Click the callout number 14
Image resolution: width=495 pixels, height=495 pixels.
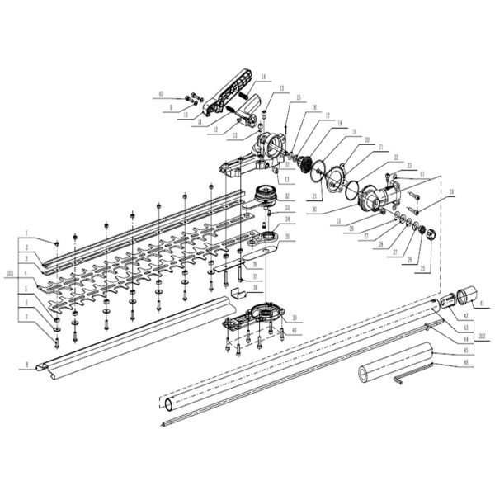[x=264, y=77]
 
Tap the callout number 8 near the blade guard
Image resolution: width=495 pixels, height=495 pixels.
[x=27, y=364]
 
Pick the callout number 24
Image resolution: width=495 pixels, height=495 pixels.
[x=452, y=193]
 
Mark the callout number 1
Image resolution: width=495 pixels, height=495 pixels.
[x=27, y=233]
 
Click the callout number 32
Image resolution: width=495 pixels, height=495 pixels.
[x=286, y=196]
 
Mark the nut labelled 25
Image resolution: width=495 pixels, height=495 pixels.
[x=427, y=245]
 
